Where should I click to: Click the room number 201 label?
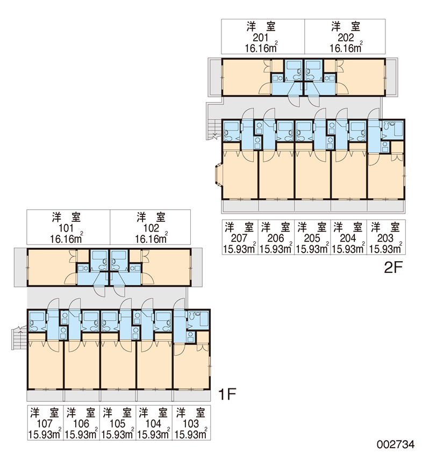click(260, 38)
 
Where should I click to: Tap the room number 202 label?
click(346, 38)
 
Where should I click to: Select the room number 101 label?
click(66, 228)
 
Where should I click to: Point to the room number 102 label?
click(151, 228)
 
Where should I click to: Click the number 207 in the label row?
click(239, 239)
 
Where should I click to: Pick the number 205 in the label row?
click(312, 239)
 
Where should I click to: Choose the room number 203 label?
click(385, 239)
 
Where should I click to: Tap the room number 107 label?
click(44, 424)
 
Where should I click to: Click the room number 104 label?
click(153, 424)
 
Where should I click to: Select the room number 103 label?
click(191, 424)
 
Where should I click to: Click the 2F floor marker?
click(394, 268)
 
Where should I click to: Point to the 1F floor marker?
click(227, 394)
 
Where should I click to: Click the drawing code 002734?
click(396, 444)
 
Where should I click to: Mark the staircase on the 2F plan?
click(213, 129)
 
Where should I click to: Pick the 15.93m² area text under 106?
click(81, 434)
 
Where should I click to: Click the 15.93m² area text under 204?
click(348, 248)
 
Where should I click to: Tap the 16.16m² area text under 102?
click(152, 239)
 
